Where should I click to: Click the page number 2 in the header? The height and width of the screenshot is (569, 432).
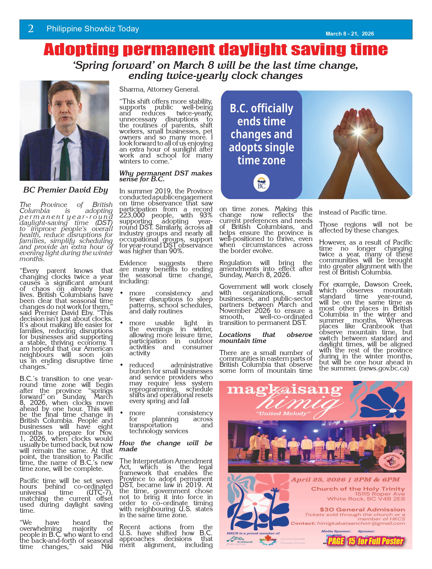[x=31, y=29]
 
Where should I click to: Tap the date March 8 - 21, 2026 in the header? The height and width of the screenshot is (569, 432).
[x=350, y=34]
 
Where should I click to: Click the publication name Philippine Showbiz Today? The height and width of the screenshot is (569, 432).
[x=93, y=29]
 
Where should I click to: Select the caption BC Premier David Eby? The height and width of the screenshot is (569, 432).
[x=65, y=190]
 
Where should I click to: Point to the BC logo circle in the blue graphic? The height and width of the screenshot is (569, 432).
[x=261, y=183]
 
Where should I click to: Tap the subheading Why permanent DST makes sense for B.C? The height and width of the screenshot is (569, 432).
[x=165, y=176]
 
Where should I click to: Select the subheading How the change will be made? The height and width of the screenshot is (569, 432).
[x=165, y=446]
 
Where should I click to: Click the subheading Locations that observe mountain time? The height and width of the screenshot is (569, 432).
[x=265, y=338]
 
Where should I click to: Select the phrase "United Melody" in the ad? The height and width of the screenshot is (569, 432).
[x=283, y=414]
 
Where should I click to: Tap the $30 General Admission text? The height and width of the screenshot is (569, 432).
[x=362, y=509]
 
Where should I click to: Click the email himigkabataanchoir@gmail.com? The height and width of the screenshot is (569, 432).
[x=361, y=523]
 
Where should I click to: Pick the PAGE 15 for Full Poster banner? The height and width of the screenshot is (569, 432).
[x=365, y=541]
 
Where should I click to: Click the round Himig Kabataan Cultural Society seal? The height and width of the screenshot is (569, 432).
[x=392, y=461]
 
